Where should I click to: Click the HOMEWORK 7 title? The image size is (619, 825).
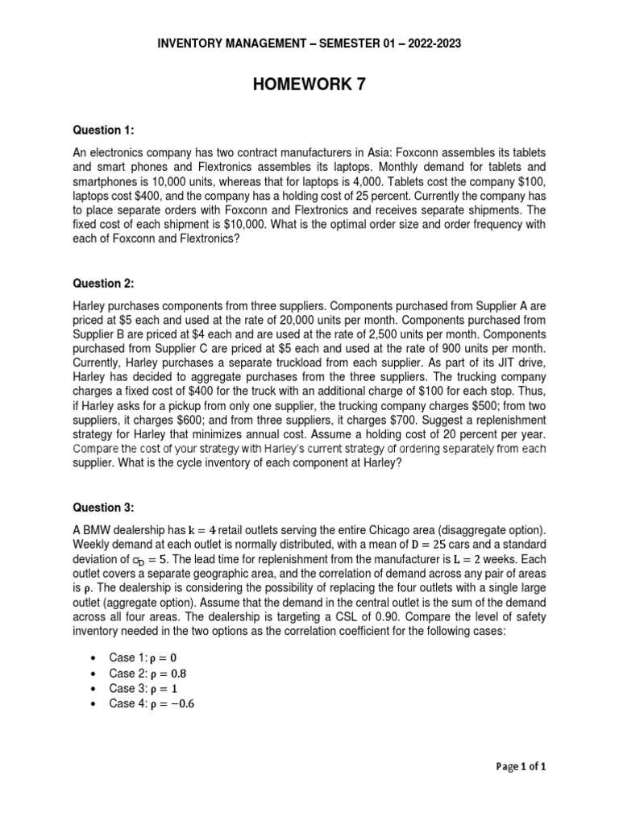tap(309, 85)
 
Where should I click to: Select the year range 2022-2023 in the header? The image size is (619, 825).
tap(430, 44)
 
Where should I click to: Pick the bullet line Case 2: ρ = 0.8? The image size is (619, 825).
tap(153, 673)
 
